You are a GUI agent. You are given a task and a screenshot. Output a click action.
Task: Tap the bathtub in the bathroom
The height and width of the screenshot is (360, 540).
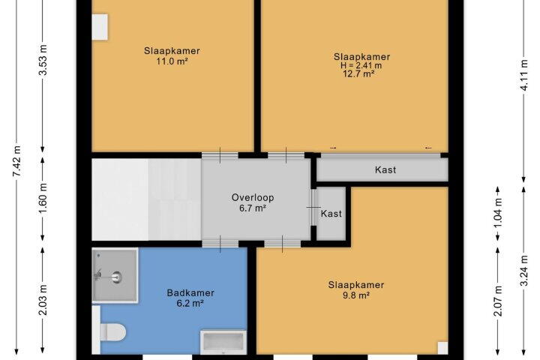click(223, 343)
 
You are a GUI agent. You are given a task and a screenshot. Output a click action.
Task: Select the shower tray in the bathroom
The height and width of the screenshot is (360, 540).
click(115, 275)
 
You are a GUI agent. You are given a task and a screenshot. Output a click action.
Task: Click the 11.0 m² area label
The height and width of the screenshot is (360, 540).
click(172, 61)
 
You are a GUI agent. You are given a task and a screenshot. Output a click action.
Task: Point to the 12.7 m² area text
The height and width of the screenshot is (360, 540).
click(358, 73)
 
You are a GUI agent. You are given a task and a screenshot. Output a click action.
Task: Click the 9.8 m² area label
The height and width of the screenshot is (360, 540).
click(355, 295)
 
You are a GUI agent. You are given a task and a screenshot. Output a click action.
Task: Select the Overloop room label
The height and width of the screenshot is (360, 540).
click(253, 197)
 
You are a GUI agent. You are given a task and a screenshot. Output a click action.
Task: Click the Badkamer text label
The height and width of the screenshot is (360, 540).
click(190, 292)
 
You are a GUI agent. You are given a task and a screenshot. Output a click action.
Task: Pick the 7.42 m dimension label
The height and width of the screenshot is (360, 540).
click(17, 161)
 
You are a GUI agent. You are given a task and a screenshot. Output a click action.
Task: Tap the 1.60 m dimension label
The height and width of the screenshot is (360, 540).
click(43, 199)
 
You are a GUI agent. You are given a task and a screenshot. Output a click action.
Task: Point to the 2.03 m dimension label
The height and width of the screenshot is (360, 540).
click(43, 300)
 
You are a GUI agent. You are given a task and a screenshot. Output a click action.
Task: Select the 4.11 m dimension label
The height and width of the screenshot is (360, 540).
click(523, 75)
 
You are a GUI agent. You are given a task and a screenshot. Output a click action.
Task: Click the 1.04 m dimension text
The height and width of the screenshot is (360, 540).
click(498, 212)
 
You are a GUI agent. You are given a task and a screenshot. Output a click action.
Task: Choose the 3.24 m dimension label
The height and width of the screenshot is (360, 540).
click(523, 271)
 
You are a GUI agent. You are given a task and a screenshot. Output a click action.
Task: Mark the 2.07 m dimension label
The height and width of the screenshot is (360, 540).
click(498, 301)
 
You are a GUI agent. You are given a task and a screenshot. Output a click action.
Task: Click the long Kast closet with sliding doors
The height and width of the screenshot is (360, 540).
click(382, 169)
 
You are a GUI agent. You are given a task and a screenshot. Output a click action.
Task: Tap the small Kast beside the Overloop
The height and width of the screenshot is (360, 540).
click(331, 214)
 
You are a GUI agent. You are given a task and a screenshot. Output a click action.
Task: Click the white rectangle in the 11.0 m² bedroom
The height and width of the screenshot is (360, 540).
click(100, 27)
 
